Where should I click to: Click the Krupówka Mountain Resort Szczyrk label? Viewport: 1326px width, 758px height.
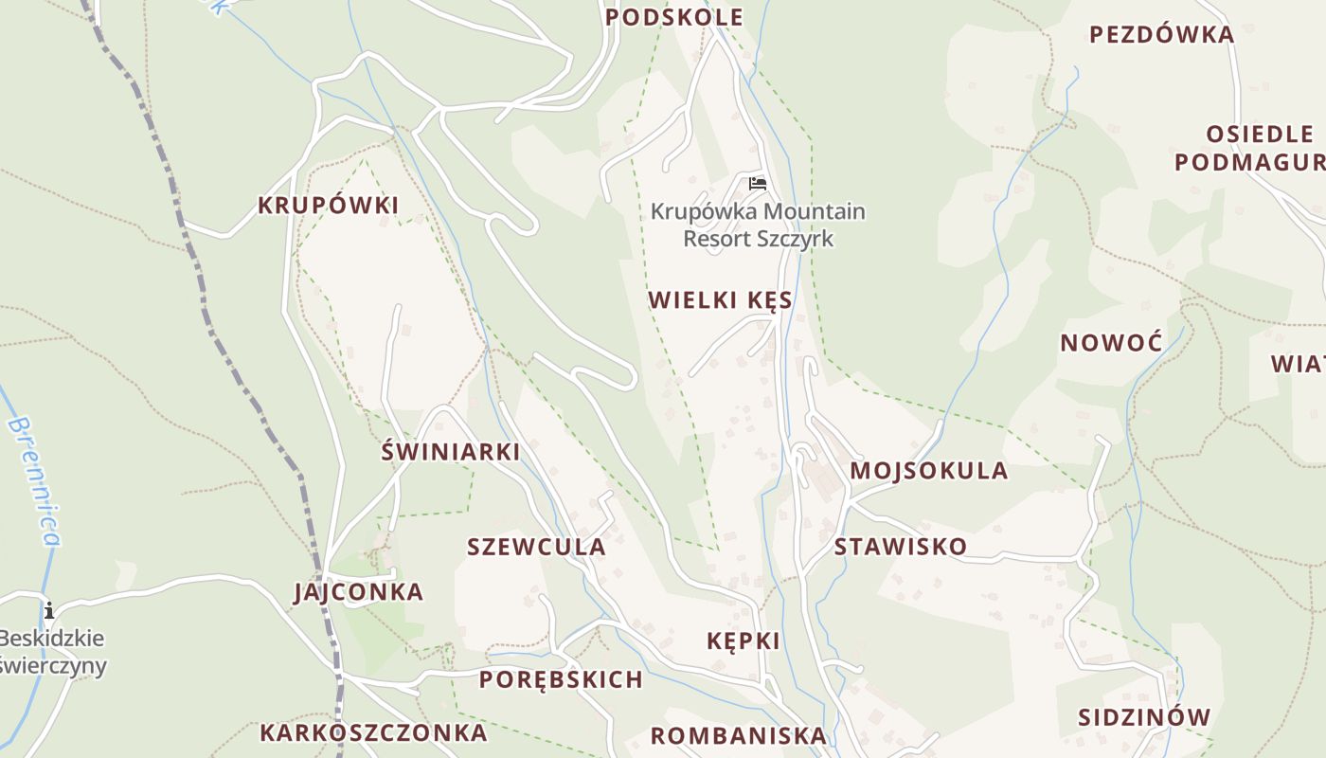click(x=758, y=225)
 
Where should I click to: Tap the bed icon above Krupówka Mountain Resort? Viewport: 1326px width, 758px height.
click(x=757, y=183)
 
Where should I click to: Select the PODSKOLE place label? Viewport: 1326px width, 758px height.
click(x=673, y=17)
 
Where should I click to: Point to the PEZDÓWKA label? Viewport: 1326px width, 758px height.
click(x=1161, y=35)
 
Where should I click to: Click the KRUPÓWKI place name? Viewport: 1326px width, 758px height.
click(x=328, y=206)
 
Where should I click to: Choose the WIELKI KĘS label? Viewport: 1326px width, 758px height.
click(x=720, y=300)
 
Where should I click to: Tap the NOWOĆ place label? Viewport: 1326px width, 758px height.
click(x=1111, y=343)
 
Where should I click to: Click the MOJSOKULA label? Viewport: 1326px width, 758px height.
click(x=928, y=471)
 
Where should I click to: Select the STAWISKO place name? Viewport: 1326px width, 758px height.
click(x=900, y=547)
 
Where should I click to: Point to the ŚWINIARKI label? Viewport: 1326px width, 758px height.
click(x=450, y=452)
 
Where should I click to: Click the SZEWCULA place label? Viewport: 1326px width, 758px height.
click(x=536, y=547)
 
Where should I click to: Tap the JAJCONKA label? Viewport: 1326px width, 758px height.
click(x=358, y=592)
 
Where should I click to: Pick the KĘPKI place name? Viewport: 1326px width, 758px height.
click(x=744, y=641)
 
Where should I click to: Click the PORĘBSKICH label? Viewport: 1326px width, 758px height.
click(x=561, y=679)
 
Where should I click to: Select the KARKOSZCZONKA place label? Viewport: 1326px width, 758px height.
click(x=373, y=732)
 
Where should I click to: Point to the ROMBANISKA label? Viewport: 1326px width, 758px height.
click(x=739, y=735)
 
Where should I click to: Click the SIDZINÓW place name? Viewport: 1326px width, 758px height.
click(x=1144, y=717)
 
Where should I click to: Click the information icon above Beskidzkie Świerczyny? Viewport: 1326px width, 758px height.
click(x=48, y=609)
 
